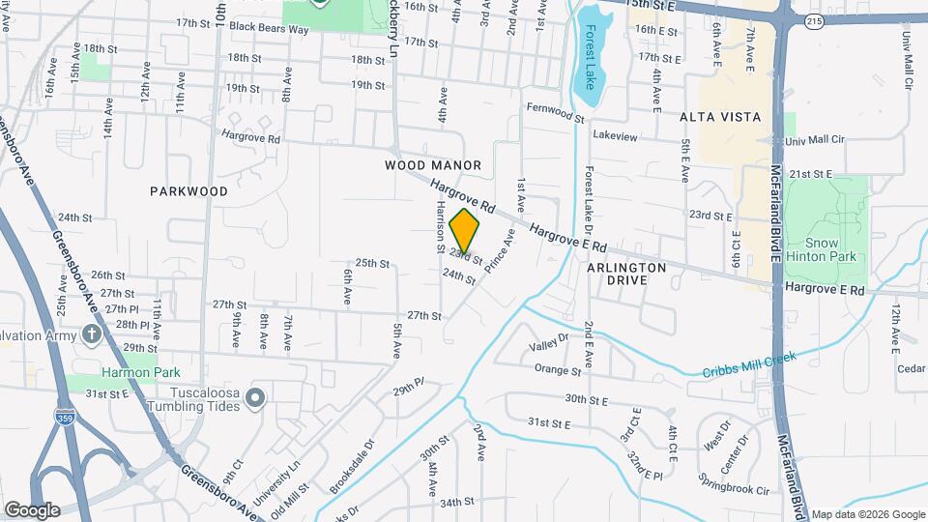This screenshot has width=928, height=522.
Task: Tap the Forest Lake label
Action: pyautogui.click(x=589, y=57)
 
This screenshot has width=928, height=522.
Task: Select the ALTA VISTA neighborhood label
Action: pyautogui.click(x=720, y=116)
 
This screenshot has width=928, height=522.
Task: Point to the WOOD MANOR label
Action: pyautogui.click(x=433, y=165)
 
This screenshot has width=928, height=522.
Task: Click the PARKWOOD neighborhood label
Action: pyautogui.click(x=189, y=191)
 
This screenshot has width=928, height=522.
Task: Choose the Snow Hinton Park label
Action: pyautogui.click(x=823, y=248)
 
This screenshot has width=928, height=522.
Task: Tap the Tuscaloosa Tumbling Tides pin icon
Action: pyautogui.click(x=255, y=397)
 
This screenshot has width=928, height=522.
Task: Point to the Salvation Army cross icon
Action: pyautogui.click(x=92, y=333)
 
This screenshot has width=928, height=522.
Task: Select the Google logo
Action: pyautogui.click(x=32, y=510)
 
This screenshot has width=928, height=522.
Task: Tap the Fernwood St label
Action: pyautogui.click(x=556, y=112)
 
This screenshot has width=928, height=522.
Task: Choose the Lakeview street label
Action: pyautogui.click(x=615, y=136)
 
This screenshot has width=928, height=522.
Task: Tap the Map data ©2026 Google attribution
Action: pyautogui.click(x=867, y=514)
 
